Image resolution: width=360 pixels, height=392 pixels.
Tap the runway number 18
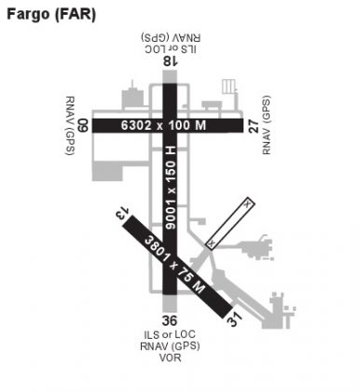point(169,61)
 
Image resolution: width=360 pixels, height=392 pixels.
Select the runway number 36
point(170,320)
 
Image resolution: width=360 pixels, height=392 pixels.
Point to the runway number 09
point(83,123)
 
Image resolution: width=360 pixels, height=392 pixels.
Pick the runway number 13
point(118,217)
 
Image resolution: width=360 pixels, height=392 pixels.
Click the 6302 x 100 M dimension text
point(168,123)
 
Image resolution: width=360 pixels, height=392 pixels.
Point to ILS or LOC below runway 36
point(170,334)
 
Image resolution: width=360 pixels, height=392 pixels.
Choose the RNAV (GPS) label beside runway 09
point(69,123)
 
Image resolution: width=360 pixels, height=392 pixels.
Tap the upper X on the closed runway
point(246,203)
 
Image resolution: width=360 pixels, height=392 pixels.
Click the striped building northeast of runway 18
point(226,89)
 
